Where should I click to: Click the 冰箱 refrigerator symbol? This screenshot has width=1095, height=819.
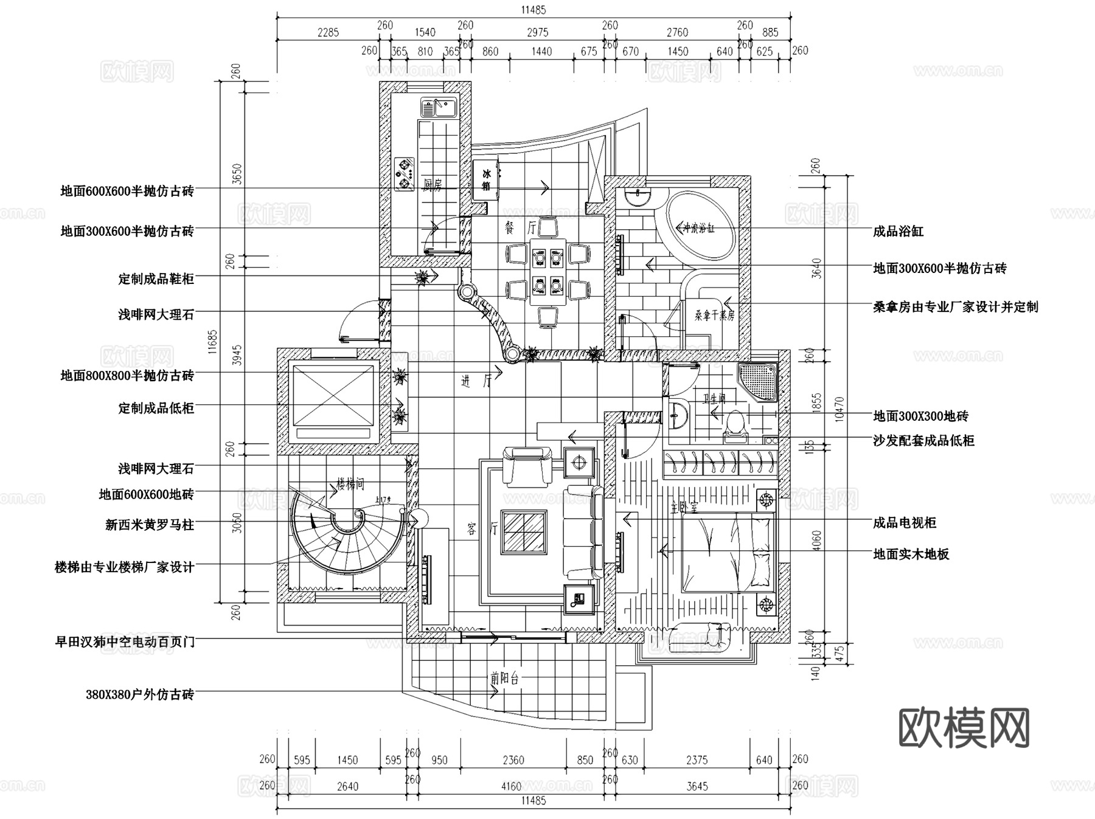pyautogui.click(x=486, y=180)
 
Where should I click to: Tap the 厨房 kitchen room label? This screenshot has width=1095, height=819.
pyautogui.click(x=433, y=185)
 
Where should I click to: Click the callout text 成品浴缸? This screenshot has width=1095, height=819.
pyautogui.click(x=898, y=232)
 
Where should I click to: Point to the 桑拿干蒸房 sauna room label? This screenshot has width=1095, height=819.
pyautogui.click(x=715, y=316)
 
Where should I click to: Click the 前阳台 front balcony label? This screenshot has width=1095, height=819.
pyautogui.click(x=505, y=679)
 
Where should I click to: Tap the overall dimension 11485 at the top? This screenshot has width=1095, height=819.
pyautogui.click(x=534, y=10)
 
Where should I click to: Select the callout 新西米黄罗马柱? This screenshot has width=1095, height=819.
pyautogui.click(x=150, y=525)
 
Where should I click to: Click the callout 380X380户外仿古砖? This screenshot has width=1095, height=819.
pyautogui.click(x=140, y=694)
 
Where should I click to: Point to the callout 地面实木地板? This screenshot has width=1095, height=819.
pyautogui.click(x=911, y=554)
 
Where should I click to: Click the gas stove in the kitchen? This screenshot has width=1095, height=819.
pyautogui.click(x=404, y=173)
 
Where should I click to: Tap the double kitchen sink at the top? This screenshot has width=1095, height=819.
pyautogui.click(x=437, y=108)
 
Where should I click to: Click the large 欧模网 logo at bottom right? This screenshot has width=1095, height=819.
pyautogui.click(x=964, y=727)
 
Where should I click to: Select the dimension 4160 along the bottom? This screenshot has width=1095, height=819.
pyautogui.click(x=510, y=787)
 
